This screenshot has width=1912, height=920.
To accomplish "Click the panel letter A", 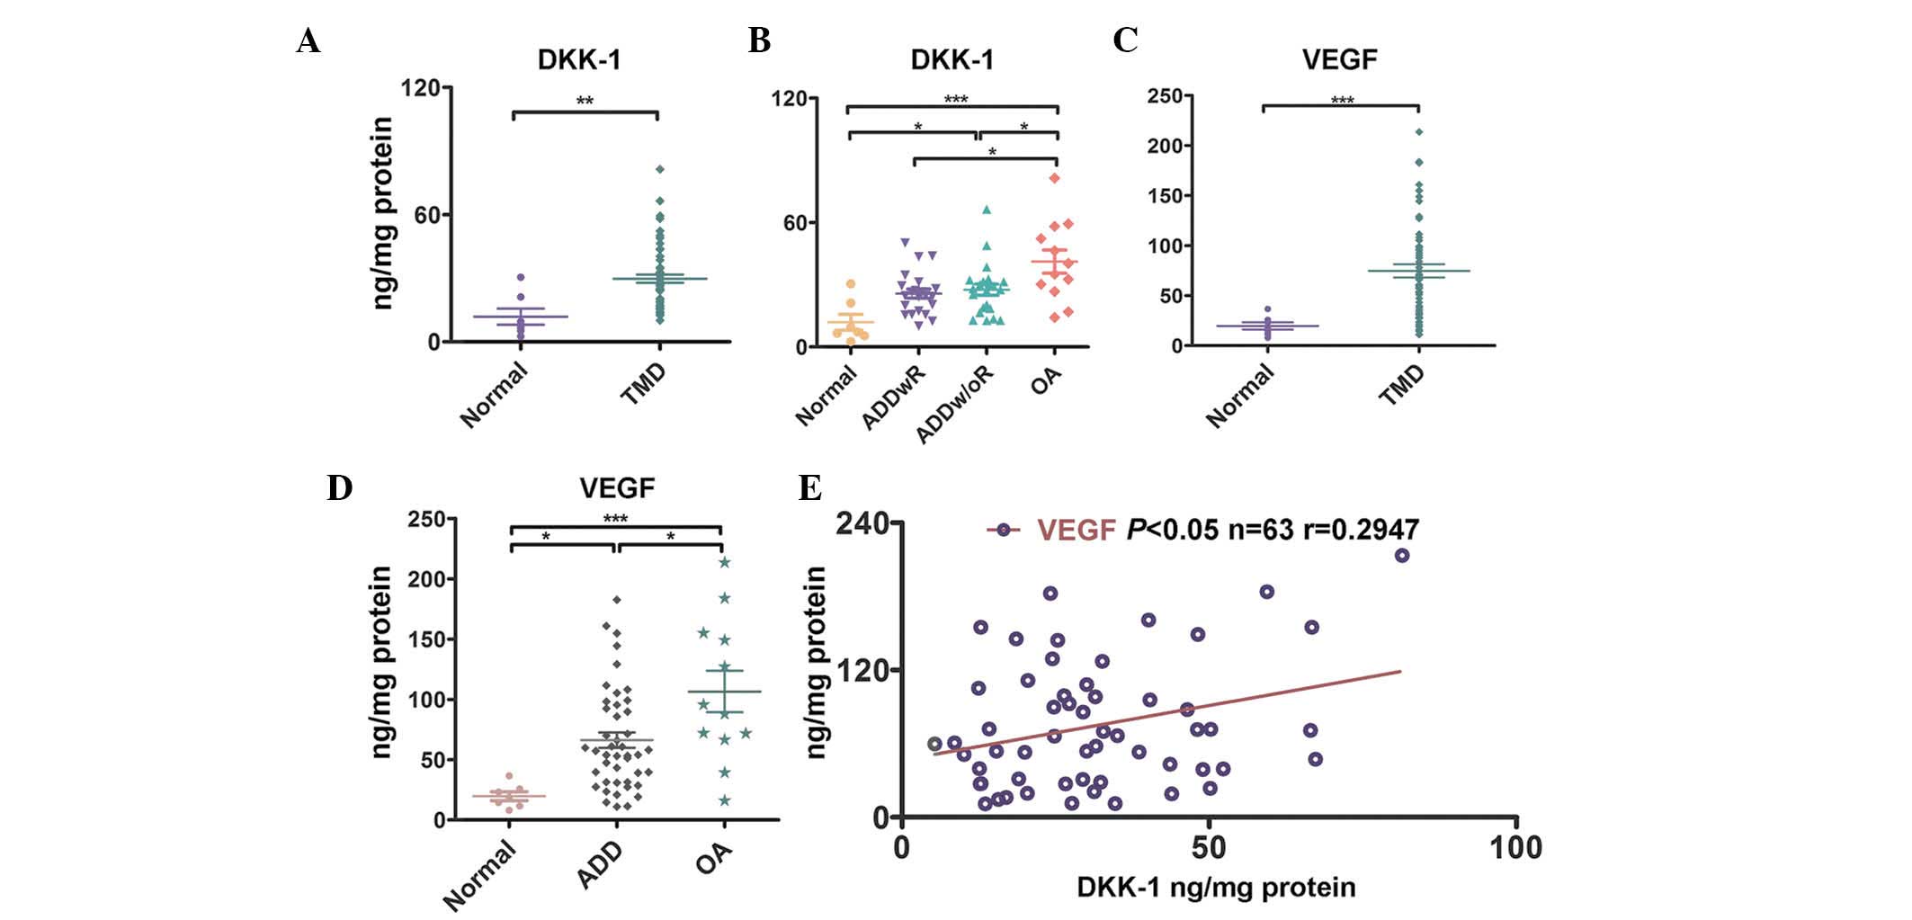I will pyautogui.click(x=308, y=41).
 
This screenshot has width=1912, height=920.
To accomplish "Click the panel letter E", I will pyautogui.click(x=809, y=488).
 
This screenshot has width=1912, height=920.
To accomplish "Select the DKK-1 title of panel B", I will pyautogui.click(x=952, y=59).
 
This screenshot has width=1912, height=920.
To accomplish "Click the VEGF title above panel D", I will pyautogui.click(x=617, y=488).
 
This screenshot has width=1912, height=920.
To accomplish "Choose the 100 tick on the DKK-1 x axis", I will pyautogui.click(x=1515, y=847).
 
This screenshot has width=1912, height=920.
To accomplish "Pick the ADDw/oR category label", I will pyautogui.click(x=955, y=405).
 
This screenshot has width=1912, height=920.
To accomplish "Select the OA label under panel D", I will pyautogui.click(x=714, y=859).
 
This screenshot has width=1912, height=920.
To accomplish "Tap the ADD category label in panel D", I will pyautogui.click(x=601, y=865).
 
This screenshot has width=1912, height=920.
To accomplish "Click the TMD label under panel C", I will pyautogui.click(x=1402, y=384).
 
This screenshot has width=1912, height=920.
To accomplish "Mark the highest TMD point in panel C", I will pyautogui.click(x=1419, y=132).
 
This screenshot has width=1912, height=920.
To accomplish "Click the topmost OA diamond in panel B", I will pyautogui.click(x=1055, y=178).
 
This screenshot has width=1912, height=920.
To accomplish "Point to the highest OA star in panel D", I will pyautogui.click(x=724, y=563).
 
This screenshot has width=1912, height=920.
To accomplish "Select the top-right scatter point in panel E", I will pyautogui.click(x=1401, y=556).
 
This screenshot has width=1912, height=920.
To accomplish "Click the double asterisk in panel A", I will pyautogui.click(x=585, y=101).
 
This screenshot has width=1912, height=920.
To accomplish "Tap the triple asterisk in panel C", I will pyautogui.click(x=1342, y=101).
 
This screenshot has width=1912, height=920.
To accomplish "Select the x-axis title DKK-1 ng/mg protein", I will pyautogui.click(x=1216, y=888).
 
